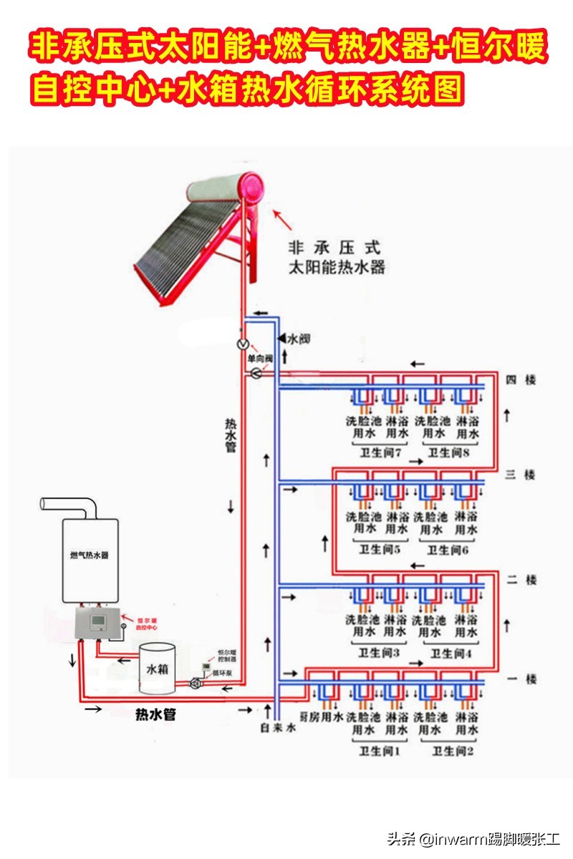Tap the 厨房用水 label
(x=320, y=717)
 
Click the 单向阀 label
(x=259, y=358)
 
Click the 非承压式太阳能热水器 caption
(x=336, y=258)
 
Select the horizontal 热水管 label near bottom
(x=155, y=714)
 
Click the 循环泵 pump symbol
(x=195, y=684)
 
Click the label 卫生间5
(x=379, y=550)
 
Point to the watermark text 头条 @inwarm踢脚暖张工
(x=473, y=838)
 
